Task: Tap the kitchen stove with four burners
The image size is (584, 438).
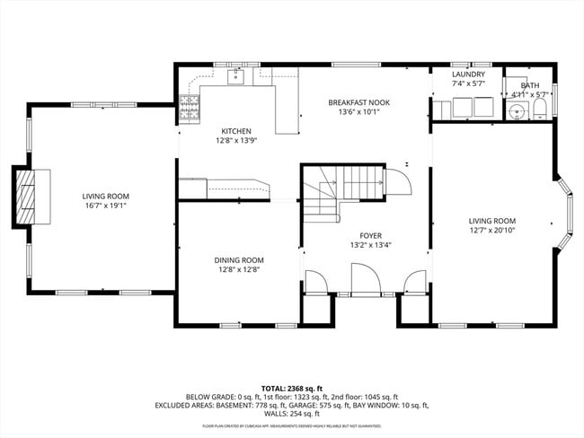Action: tap(190, 109)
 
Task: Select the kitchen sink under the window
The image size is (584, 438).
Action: tap(237, 76)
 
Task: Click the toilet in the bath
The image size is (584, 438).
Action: tap(539, 109)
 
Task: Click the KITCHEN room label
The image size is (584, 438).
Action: tap(236, 130)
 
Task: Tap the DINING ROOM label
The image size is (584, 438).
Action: tap(239, 259)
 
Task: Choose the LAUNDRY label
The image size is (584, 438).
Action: tap(468, 74)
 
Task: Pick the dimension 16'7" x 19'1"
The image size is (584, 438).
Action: tap(106, 206)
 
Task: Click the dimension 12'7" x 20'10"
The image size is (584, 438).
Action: tap(491, 230)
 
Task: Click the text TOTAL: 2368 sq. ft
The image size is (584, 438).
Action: tap(292, 387)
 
